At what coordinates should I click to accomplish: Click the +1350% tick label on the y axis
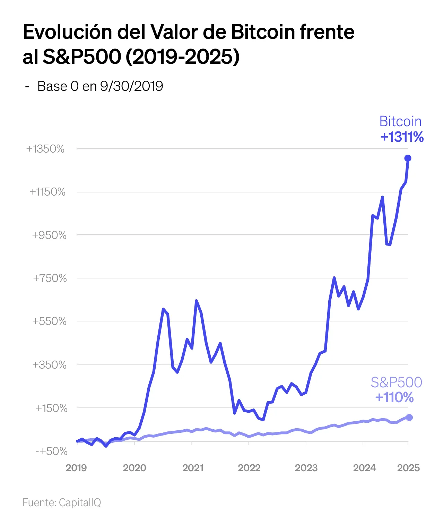pyautogui.click(x=45, y=149)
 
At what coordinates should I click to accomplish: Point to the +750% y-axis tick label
pyautogui.click(x=50, y=278)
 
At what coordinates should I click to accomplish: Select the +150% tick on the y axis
pyautogui.click(x=51, y=408)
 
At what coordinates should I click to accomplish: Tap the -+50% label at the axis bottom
pyautogui.click(x=51, y=451)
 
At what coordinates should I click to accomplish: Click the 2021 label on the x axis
pyautogui.click(x=193, y=468)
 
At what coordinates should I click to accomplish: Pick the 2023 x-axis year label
pyautogui.click(x=306, y=468)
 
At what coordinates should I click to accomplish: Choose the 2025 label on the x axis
pyautogui.click(x=408, y=468)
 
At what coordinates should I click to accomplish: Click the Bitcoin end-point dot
pyautogui.click(x=408, y=158)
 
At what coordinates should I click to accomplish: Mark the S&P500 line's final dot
pyautogui.click(x=409, y=417)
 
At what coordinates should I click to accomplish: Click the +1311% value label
pyautogui.click(x=402, y=137)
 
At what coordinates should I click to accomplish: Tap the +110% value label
pyautogui.click(x=394, y=397)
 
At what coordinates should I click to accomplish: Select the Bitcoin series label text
pyautogui.click(x=401, y=121)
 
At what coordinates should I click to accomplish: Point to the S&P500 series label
pyautogui.click(x=397, y=382)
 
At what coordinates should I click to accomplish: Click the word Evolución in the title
pyautogui.click(x=67, y=32)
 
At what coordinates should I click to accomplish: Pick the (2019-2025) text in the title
pyautogui.click(x=182, y=57)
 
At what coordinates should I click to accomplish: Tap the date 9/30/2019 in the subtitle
pyautogui.click(x=131, y=86)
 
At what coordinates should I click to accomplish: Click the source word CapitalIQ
pyautogui.click(x=80, y=502)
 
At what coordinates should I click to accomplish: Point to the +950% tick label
pyautogui.click(x=49, y=235)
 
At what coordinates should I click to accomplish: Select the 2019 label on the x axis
pyautogui.click(x=76, y=468)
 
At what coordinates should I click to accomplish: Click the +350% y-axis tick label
pyautogui.click(x=49, y=365)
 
